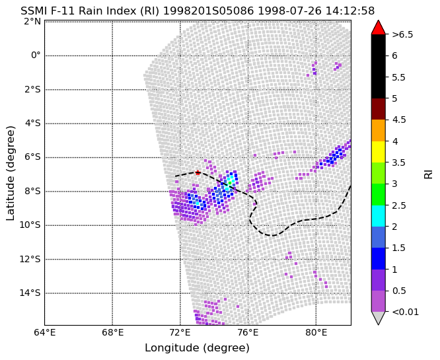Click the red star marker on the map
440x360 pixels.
(198, 172)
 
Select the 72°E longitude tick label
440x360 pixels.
(180, 333)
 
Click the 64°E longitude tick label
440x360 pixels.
(45, 333)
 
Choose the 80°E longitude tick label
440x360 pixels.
(316, 333)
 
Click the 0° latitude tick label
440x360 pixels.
(36, 55)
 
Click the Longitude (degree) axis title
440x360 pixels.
(198, 348)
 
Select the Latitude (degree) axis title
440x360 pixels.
(10, 173)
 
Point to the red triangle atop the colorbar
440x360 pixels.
(379, 27)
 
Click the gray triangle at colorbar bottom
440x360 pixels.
(379, 318)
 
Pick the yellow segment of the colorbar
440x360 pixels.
(379, 152)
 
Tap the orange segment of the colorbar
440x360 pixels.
(379, 131)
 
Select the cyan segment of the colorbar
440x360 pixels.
(379, 216)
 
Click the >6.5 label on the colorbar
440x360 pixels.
(403, 34)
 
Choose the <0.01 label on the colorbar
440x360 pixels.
(406, 312)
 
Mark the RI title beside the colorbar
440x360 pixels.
(428, 174)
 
